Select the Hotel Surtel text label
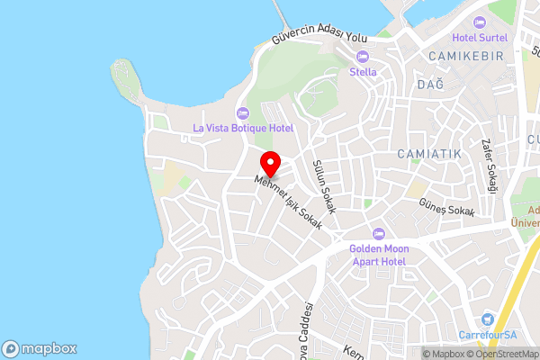click(x=480, y=38)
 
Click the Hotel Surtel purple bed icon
click(x=480, y=22)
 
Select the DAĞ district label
click(x=430, y=84)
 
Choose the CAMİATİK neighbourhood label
click(x=429, y=154)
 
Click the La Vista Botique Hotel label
click(x=243, y=128)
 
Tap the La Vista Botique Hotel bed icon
click(x=242, y=112)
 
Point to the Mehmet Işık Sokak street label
click(x=288, y=202)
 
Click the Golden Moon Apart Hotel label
click(x=379, y=254)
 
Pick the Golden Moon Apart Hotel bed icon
click(x=379, y=233)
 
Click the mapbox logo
click(x=40, y=348)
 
